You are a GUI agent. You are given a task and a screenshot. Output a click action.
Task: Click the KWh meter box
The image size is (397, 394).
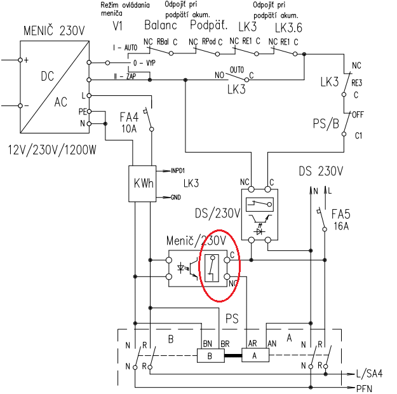click(x=142, y=184)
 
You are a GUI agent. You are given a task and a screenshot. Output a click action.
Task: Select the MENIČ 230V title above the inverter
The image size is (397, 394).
click(x=54, y=31)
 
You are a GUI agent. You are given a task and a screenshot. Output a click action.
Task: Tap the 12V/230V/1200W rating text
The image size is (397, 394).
click(x=52, y=150)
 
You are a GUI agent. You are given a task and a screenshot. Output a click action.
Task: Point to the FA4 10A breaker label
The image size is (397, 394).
click(x=129, y=123)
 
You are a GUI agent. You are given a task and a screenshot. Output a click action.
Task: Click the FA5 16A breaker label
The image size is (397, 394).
click(x=341, y=220)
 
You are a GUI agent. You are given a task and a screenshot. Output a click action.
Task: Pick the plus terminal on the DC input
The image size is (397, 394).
click(x=20, y=60)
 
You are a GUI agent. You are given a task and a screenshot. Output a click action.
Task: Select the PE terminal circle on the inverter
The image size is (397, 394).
click(x=89, y=111)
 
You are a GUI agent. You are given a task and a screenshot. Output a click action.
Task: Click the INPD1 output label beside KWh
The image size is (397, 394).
click(x=178, y=171)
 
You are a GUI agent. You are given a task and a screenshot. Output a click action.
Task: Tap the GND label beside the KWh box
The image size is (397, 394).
click(x=176, y=197)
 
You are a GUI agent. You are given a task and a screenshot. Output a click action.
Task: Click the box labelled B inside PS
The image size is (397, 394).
click(x=211, y=355)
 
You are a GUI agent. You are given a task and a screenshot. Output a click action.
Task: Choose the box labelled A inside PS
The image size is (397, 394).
click(x=255, y=355)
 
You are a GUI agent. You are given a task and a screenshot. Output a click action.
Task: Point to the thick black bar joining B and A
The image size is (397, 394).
click(x=233, y=355)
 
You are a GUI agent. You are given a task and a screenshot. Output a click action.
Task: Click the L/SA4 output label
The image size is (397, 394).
click(x=369, y=374)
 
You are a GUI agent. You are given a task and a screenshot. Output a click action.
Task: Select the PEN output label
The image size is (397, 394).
click(x=365, y=388)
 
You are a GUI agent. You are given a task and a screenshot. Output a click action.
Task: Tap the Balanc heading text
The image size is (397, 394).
click(x=161, y=25)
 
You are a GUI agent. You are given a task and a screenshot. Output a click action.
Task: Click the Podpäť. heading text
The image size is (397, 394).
click(x=209, y=25)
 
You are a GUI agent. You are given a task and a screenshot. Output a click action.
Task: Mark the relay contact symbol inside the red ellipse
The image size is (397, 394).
click(x=212, y=268)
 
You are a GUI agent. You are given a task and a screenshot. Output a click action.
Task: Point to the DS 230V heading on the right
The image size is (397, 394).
click(x=321, y=171)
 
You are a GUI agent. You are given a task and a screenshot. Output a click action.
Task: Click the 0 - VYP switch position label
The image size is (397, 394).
click(x=144, y=63)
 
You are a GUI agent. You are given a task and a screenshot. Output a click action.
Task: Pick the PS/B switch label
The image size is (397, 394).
click(x=326, y=124)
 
